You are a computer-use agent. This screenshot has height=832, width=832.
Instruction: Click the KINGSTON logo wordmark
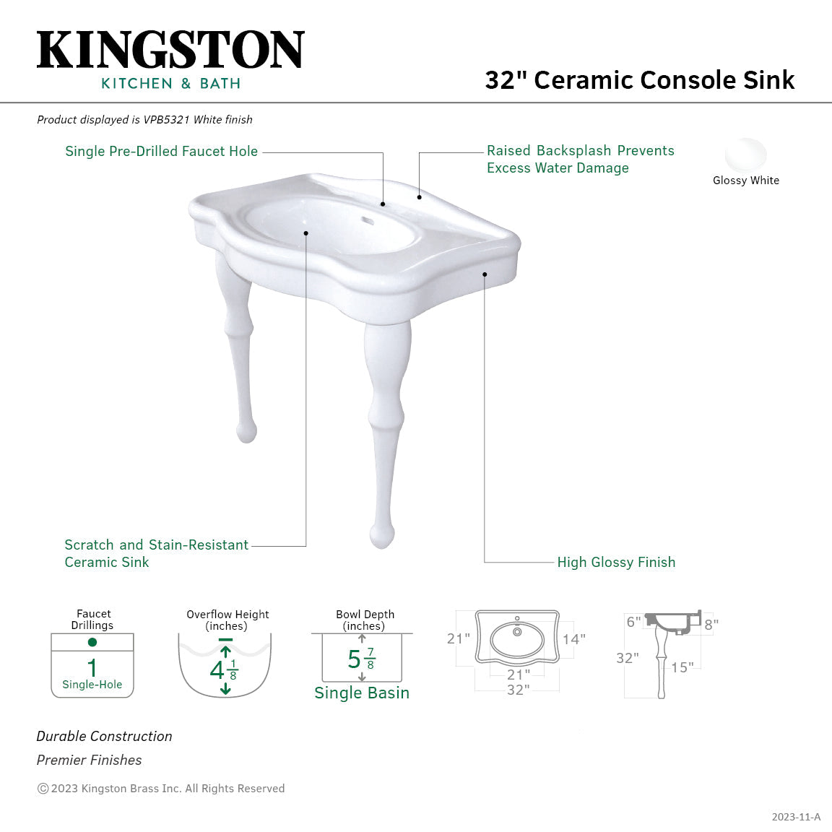170,50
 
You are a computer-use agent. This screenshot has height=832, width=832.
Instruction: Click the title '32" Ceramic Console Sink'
639,79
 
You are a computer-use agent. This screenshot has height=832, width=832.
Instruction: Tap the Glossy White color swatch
745,154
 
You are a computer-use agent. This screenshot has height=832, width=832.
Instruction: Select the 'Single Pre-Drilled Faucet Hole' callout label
161,151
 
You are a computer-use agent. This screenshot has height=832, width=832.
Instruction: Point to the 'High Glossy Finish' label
616,562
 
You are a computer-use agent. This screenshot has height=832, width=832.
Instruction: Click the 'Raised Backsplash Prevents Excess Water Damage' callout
580,159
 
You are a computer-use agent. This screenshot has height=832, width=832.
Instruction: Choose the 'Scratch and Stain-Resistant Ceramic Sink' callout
156,553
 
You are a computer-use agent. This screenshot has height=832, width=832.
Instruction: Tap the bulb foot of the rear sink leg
246,431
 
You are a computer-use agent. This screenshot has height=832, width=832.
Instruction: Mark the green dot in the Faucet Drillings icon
92,642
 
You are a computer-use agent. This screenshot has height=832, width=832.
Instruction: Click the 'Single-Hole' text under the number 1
92,685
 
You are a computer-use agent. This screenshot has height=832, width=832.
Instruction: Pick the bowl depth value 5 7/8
361,659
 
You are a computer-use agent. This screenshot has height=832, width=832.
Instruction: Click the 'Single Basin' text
362,693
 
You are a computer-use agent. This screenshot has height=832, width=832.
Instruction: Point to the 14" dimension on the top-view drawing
573,639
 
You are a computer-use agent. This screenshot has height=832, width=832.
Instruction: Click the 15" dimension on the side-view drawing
682,667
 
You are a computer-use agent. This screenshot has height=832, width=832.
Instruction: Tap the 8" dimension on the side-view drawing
711,625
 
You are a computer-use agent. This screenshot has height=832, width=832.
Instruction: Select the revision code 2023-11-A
796,817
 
